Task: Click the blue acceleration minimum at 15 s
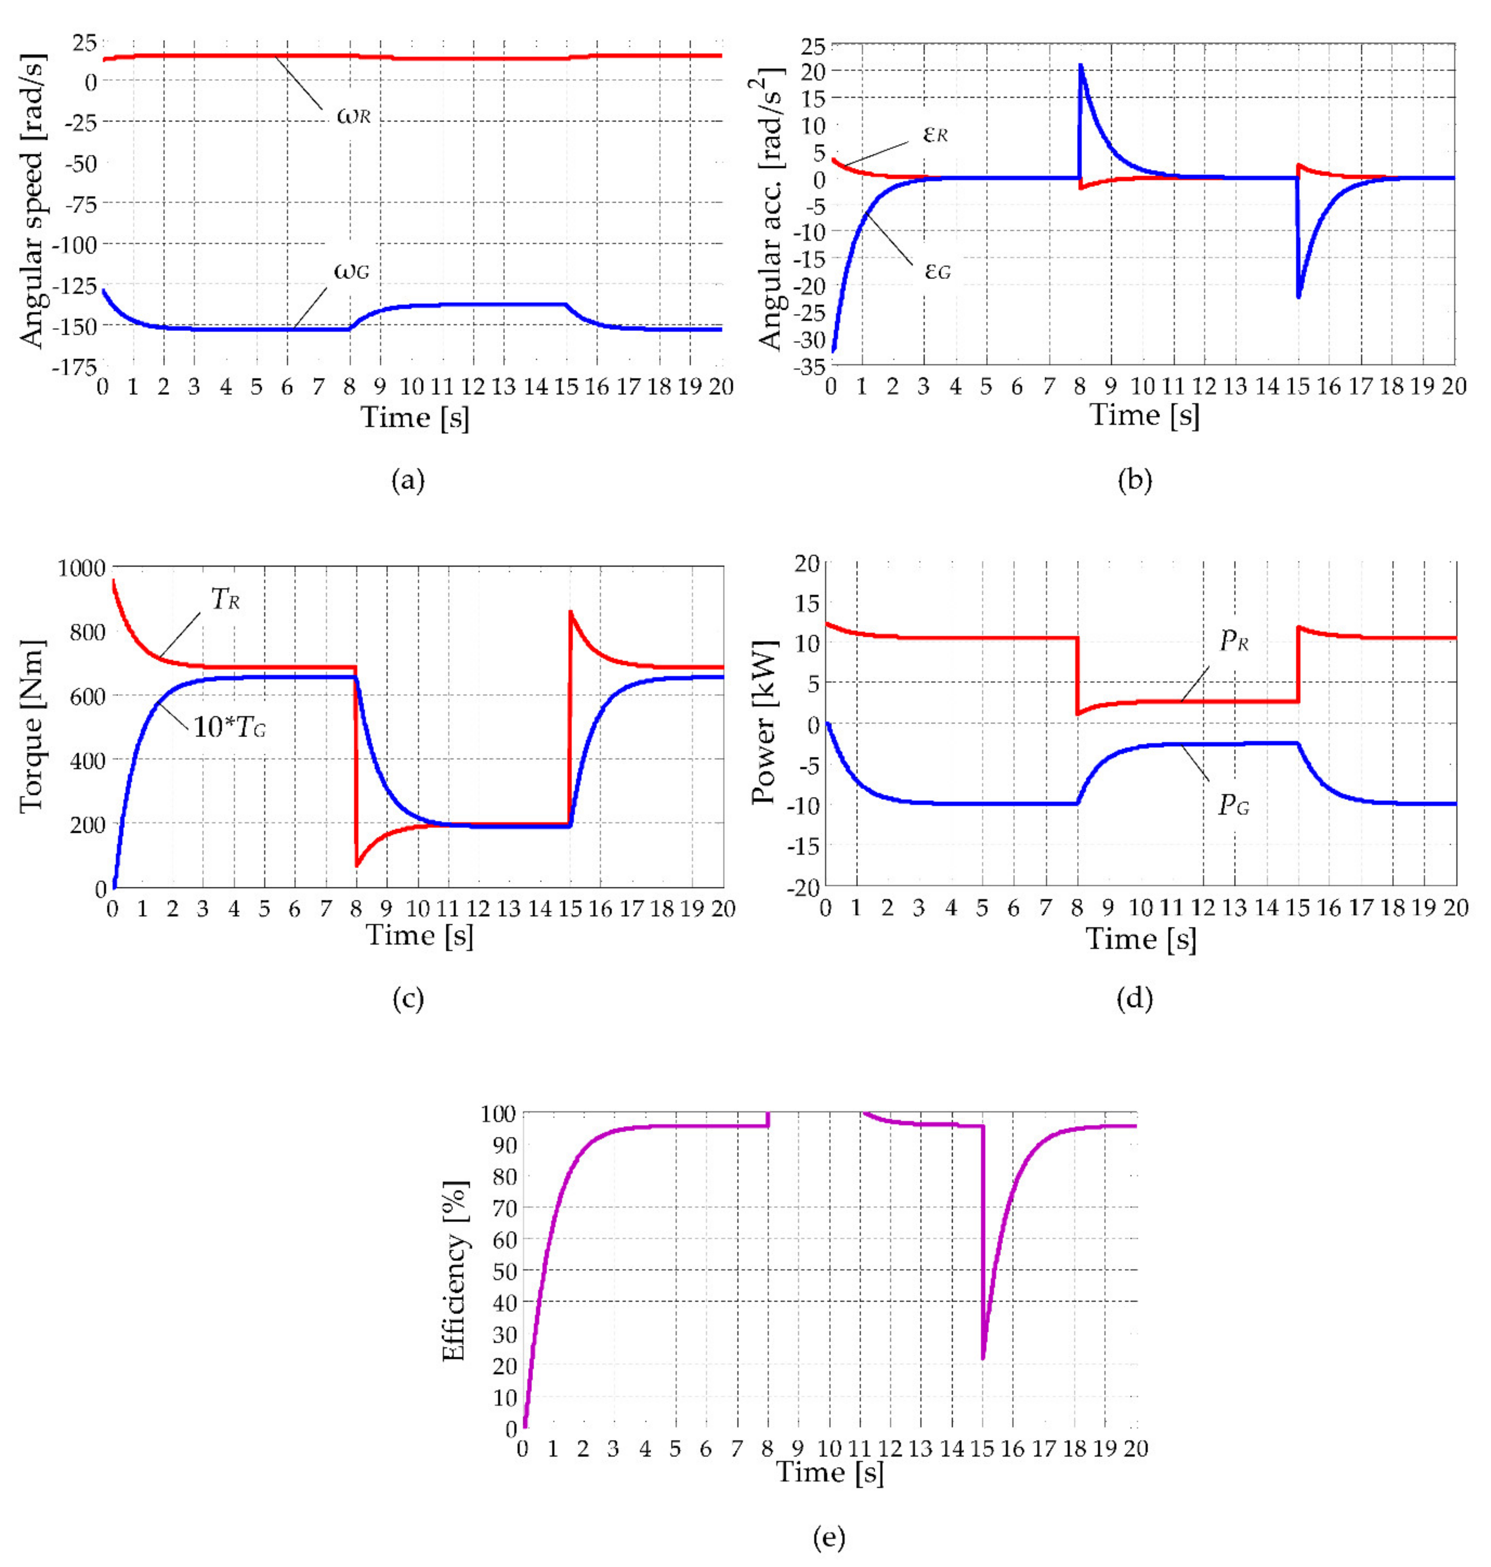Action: click(1298, 296)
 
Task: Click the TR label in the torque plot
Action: click(225, 599)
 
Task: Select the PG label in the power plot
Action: click(1234, 806)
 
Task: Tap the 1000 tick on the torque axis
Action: click(81, 568)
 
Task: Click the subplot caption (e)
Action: click(829, 1538)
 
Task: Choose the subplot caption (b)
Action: click(1134, 480)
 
